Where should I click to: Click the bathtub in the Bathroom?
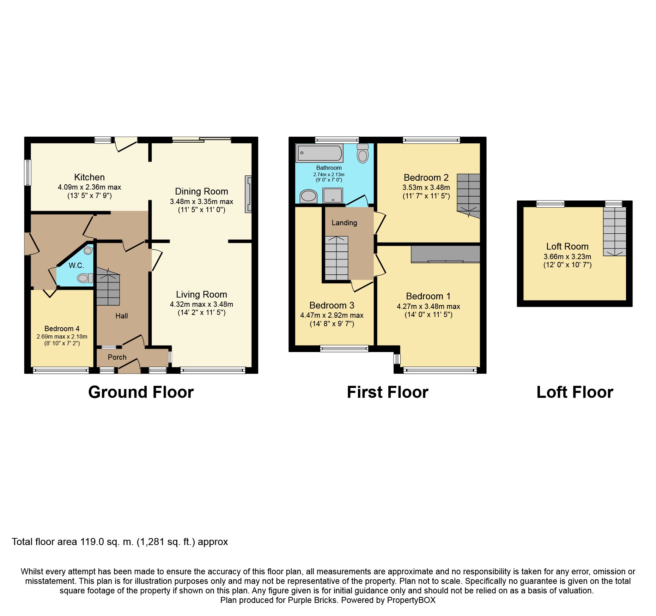click(x=320, y=153)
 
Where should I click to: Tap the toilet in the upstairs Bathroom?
click(x=363, y=153)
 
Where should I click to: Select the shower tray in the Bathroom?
click(x=333, y=195)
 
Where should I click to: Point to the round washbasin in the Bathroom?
click(x=308, y=196)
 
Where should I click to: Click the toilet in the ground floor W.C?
click(x=85, y=278)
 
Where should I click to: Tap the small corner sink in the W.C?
click(x=88, y=251)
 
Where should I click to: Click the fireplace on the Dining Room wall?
click(x=249, y=194)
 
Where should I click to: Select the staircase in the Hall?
click(x=108, y=286)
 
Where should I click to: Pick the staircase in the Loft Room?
click(x=614, y=231)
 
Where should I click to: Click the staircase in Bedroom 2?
click(x=469, y=196)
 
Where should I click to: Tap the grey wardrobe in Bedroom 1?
click(x=446, y=254)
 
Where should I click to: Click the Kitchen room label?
click(x=90, y=177)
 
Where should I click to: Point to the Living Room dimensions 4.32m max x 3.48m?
click(x=201, y=304)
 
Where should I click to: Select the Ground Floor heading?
click(x=141, y=392)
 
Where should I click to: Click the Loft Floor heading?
click(x=575, y=392)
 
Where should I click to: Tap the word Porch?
click(x=117, y=357)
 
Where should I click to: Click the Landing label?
click(x=344, y=223)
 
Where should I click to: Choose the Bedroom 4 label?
click(x=62, y=329)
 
